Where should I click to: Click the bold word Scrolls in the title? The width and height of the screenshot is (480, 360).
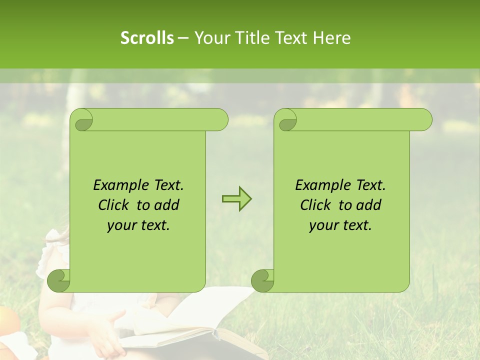(147, 38)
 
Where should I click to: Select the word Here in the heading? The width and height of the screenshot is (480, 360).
(332, 38)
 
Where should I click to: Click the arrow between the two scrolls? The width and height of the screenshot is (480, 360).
(236, 198)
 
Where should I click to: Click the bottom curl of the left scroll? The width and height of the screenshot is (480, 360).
(59, 280)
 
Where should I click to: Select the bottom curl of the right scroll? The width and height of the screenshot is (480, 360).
(263, 280)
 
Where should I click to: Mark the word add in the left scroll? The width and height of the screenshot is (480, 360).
(167, 205)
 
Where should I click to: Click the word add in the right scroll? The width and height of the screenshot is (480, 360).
(369, 205)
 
